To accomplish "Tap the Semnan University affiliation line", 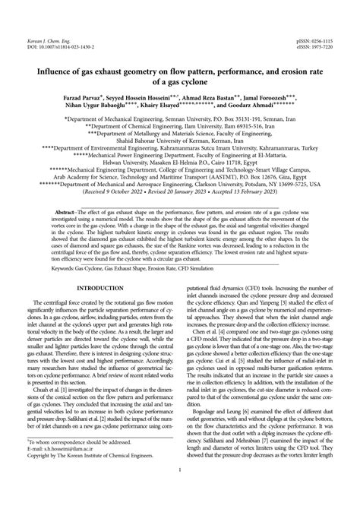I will [179, 119].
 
